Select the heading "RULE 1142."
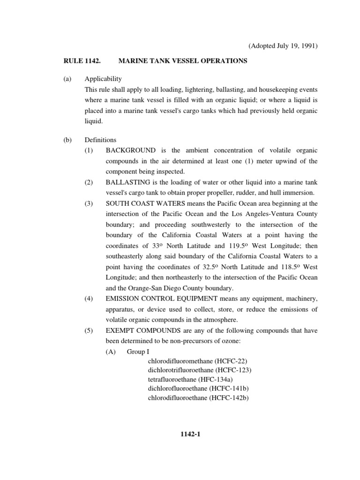click(x=81, y=61)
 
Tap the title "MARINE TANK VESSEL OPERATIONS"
click(x=183, y=61)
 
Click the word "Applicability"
click(x=103, y=79)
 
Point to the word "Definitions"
click(x=100, y=140)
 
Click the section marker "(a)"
click(x=67, y=79)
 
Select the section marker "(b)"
click(x=67, y=140)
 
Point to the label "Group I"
click(x=137, y=351)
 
